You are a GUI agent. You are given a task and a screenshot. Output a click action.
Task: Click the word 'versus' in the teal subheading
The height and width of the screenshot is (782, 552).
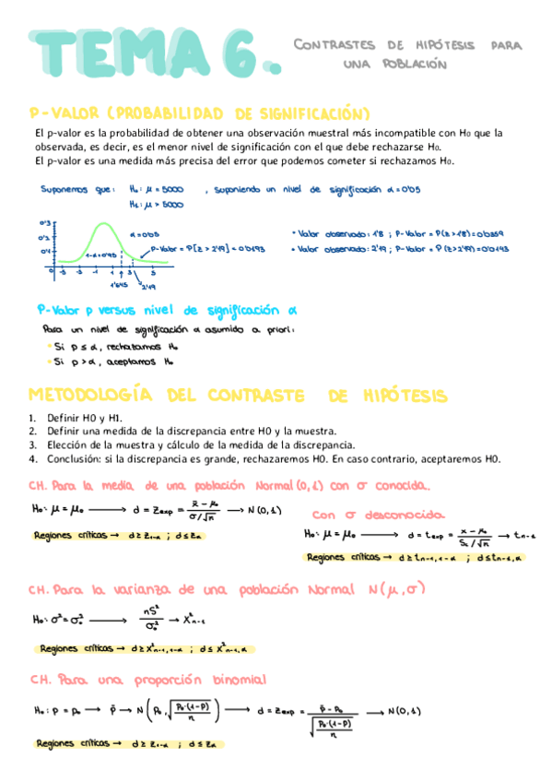tap(113, 310)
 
